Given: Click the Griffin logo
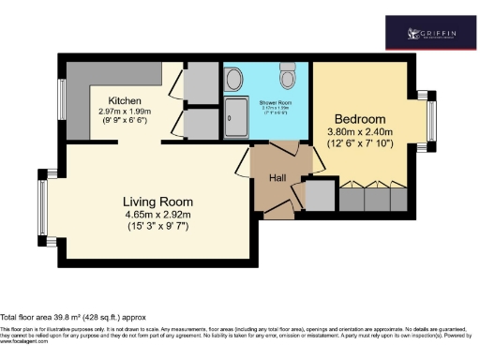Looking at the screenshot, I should [432, 34].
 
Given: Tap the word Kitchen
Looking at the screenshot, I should [125, 101].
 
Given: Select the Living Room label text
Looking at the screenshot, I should [158, 202].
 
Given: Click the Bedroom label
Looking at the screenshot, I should [361, 119].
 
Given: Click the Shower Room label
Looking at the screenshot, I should [267, 100].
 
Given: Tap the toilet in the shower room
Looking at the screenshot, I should [288, 73].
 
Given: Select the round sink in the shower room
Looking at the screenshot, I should [232, 80].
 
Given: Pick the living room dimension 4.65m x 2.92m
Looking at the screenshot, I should [158, 215].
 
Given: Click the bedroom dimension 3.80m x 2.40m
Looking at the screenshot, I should [361, 132].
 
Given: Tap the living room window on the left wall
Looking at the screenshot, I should [43, 206].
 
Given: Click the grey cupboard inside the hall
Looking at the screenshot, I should [321, 195].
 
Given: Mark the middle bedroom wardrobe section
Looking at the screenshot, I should [379, 198].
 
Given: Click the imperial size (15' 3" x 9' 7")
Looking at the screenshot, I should [158, 228].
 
